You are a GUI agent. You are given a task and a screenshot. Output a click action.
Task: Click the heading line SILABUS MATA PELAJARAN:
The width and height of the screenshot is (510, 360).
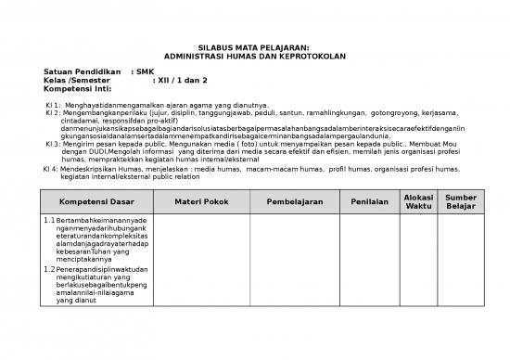253,47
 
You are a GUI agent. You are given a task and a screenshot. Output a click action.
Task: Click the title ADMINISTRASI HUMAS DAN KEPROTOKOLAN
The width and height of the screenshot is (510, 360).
253,57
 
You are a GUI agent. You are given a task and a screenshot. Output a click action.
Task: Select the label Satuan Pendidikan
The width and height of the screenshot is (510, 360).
83,71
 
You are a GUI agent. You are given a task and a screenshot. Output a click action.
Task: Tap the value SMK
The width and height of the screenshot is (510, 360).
145,71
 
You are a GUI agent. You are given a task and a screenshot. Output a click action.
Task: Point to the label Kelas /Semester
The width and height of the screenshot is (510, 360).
77,81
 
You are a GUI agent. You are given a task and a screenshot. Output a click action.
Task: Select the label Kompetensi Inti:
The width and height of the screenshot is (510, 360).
78,89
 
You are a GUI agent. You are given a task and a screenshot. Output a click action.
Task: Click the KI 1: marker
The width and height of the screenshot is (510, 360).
53,106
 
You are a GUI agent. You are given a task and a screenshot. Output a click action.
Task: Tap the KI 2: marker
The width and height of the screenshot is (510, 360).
53,113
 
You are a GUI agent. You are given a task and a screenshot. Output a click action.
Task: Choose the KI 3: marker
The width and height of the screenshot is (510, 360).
53,145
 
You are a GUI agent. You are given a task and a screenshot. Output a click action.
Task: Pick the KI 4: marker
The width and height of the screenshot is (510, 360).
51,169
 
